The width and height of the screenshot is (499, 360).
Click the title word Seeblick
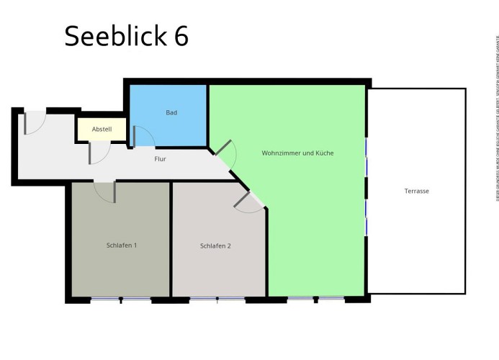(x=114, y=35)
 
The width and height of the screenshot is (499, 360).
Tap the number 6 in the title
(x=180, y=35)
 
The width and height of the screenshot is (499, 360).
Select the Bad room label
(x=171, y=113)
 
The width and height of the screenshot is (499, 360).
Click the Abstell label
(x=102, y=130)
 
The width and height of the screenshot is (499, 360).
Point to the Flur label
(x=161, y=158)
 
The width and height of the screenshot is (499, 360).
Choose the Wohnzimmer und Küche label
(x=297, y=153)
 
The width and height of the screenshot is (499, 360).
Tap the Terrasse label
(x=416, y=191)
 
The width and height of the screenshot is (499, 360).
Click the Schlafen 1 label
(x=122, y=245)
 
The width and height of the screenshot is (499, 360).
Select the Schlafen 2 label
(x=215, y=246)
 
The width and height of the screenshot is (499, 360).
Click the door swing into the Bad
(x=143, y=137)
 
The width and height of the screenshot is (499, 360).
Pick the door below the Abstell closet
(x=99, y=153)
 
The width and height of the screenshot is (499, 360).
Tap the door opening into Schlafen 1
(x=105, y=192)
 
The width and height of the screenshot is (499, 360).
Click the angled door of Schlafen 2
(x=249, y=202)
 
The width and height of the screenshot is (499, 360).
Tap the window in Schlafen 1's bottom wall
(x=120, y=299)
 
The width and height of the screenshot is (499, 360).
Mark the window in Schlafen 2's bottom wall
(x=217, y=298)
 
